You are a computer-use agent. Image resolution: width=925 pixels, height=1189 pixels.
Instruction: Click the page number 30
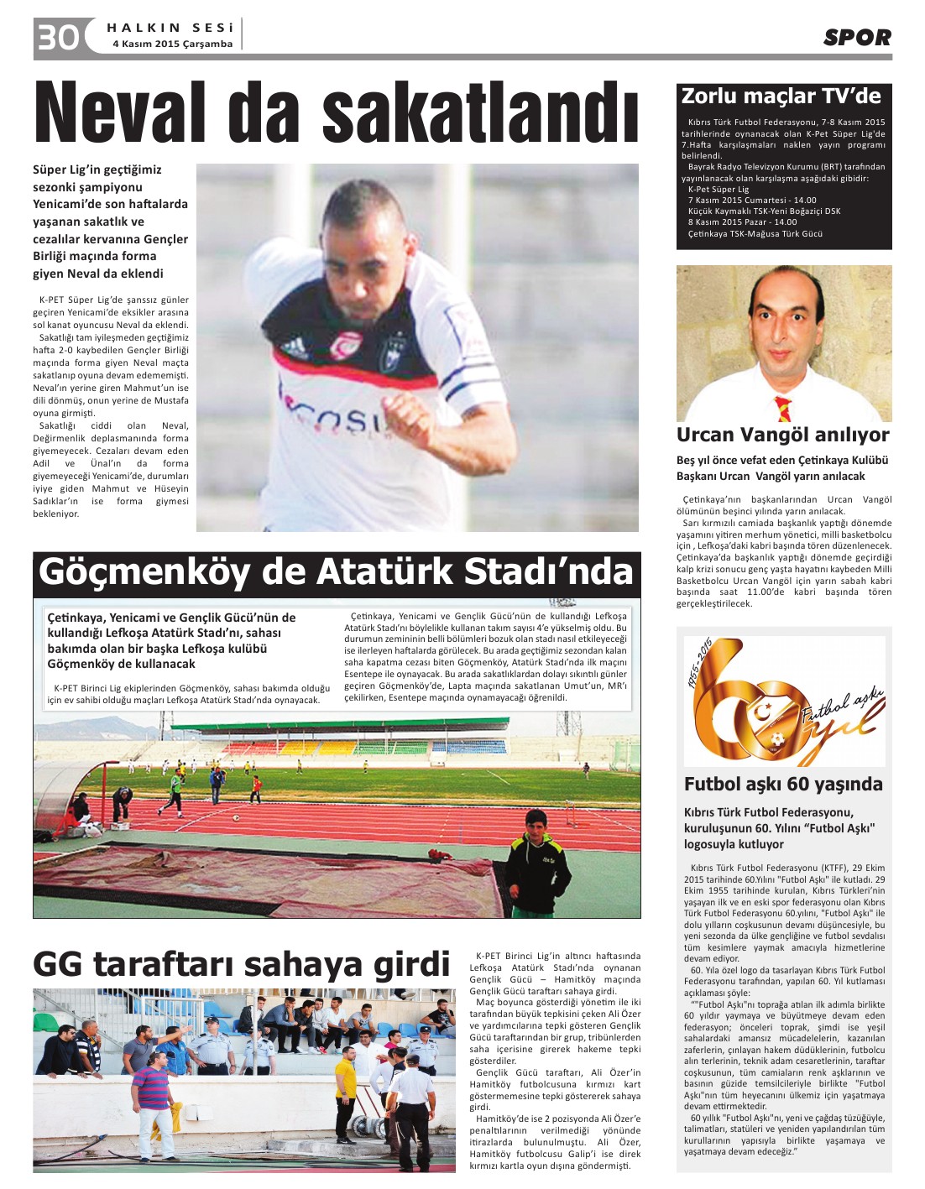(x=57, y=37)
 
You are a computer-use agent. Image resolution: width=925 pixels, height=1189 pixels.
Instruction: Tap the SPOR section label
(x=856, y=37)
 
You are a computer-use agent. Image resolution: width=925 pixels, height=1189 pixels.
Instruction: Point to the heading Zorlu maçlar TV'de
(x=781, y=96)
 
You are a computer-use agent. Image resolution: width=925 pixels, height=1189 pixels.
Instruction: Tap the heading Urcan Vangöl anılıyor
(x=782, y=435)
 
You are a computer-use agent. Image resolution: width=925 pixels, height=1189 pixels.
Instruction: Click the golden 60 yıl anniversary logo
(x=783, y=701)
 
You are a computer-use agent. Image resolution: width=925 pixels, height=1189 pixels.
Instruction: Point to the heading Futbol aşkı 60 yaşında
(x=783, y=784)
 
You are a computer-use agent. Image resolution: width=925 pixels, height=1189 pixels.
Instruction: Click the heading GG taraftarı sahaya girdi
(x=242, y=964)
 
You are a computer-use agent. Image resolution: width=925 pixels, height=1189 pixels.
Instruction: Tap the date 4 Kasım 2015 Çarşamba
(x=172, y=44)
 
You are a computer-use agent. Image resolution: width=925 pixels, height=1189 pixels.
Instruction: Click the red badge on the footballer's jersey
(x=345, y=345)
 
